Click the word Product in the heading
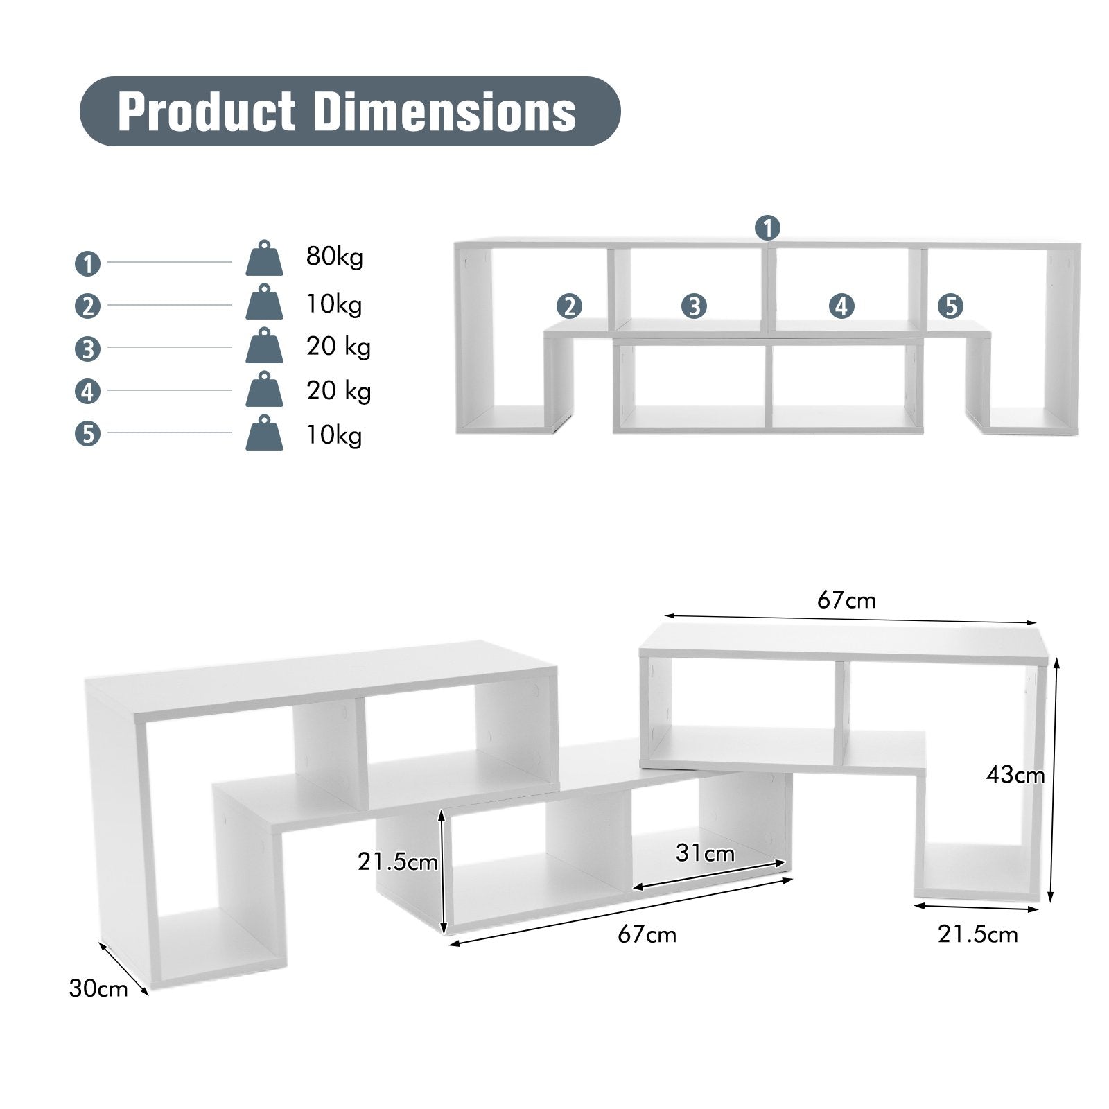tap(207, 112)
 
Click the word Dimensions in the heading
tap(444, 112)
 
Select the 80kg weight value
tap(334, 257)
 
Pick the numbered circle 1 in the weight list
tap(87, 263)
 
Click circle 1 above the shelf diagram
tap(767, 227)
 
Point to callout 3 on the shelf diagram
tap(693, 306)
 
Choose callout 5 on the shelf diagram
tap(950, 306)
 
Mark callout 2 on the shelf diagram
tap(570, 306)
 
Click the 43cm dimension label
tap(1015, 774)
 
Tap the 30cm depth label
tap(98, 988)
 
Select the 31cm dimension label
tap(705, 853)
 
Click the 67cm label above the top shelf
tap(846, 600)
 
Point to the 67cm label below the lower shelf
tap(647, 934)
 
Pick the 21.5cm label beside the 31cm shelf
tap(398, 862)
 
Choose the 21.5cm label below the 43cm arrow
tap(978, 934)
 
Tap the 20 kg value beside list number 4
tap(338, 391)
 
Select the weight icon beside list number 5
tap(264, 433)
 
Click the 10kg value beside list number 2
tap(334, 304)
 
